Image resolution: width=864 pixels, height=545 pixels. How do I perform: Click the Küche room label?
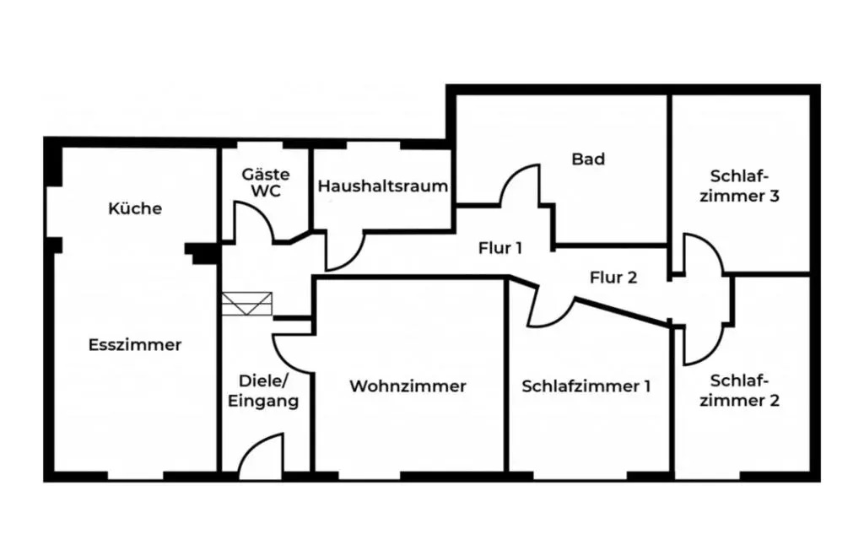click(x=135, y=208)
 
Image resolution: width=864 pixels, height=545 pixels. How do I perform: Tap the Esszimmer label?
click(x=135, y=344)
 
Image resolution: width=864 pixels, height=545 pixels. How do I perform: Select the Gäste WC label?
click(x=266, y=182)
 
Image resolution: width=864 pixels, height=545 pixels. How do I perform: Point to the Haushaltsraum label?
click(x=382, y=186)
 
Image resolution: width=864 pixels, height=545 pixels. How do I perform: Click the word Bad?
click(x=588, y=159)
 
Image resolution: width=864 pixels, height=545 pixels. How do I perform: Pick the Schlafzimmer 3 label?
click(x=743, y=186)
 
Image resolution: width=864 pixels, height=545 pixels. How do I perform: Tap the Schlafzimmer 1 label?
click(x=586, y=386)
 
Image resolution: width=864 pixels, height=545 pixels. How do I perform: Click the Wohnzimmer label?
click(x=408, y=386)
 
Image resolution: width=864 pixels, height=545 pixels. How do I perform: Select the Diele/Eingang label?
click(x=263, y=390)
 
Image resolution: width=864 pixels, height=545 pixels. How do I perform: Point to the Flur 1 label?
click(x=500, y=248)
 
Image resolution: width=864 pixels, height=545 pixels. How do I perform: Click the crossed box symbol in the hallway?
click(x=248, y=304)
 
